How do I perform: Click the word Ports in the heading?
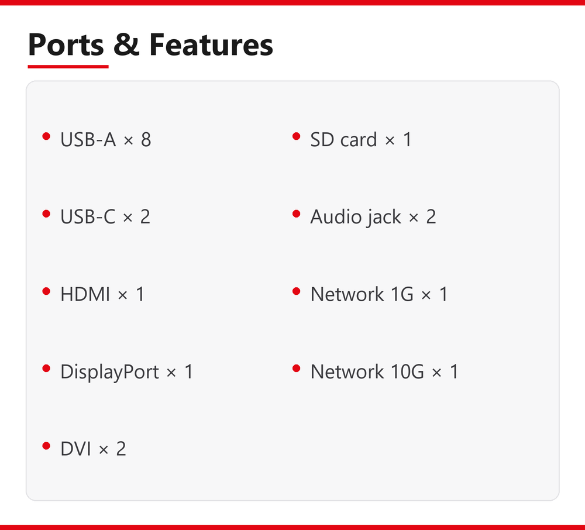[x=66, y=45]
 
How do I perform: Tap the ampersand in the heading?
[x=126, y=44]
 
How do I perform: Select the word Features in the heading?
[x=211, y=44]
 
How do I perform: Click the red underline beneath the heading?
[x=68, y=66]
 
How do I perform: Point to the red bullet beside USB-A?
[x=46, y=136]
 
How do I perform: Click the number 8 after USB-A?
[x=146, y=140]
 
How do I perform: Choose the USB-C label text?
[x=88, y=216]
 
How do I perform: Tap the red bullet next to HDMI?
[x=46, y=291]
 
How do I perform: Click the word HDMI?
[x=85, y=294]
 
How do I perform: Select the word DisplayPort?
[x=110, y=372]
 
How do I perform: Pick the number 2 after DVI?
[x=121, y=449]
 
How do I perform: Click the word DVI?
[x=75, y=449]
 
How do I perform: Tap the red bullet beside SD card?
[x=297, y=136]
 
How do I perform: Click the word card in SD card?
[x=359, y=140]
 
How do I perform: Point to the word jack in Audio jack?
[x=384, y=218]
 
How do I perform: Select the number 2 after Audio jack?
[x=431, y=216]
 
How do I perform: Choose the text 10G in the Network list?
[x=407, y=371]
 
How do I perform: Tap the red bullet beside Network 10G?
[x=297, y=369]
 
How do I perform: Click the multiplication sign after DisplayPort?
[x=171, y=373]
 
